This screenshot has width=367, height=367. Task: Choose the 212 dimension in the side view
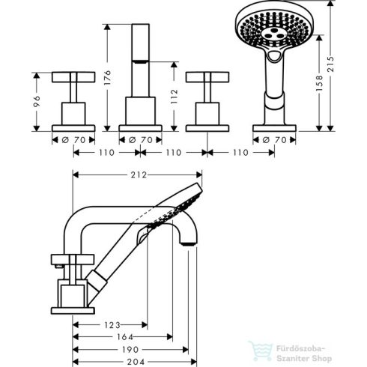(x=137, y=176)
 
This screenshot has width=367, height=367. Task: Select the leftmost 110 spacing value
(x=106, y=152)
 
